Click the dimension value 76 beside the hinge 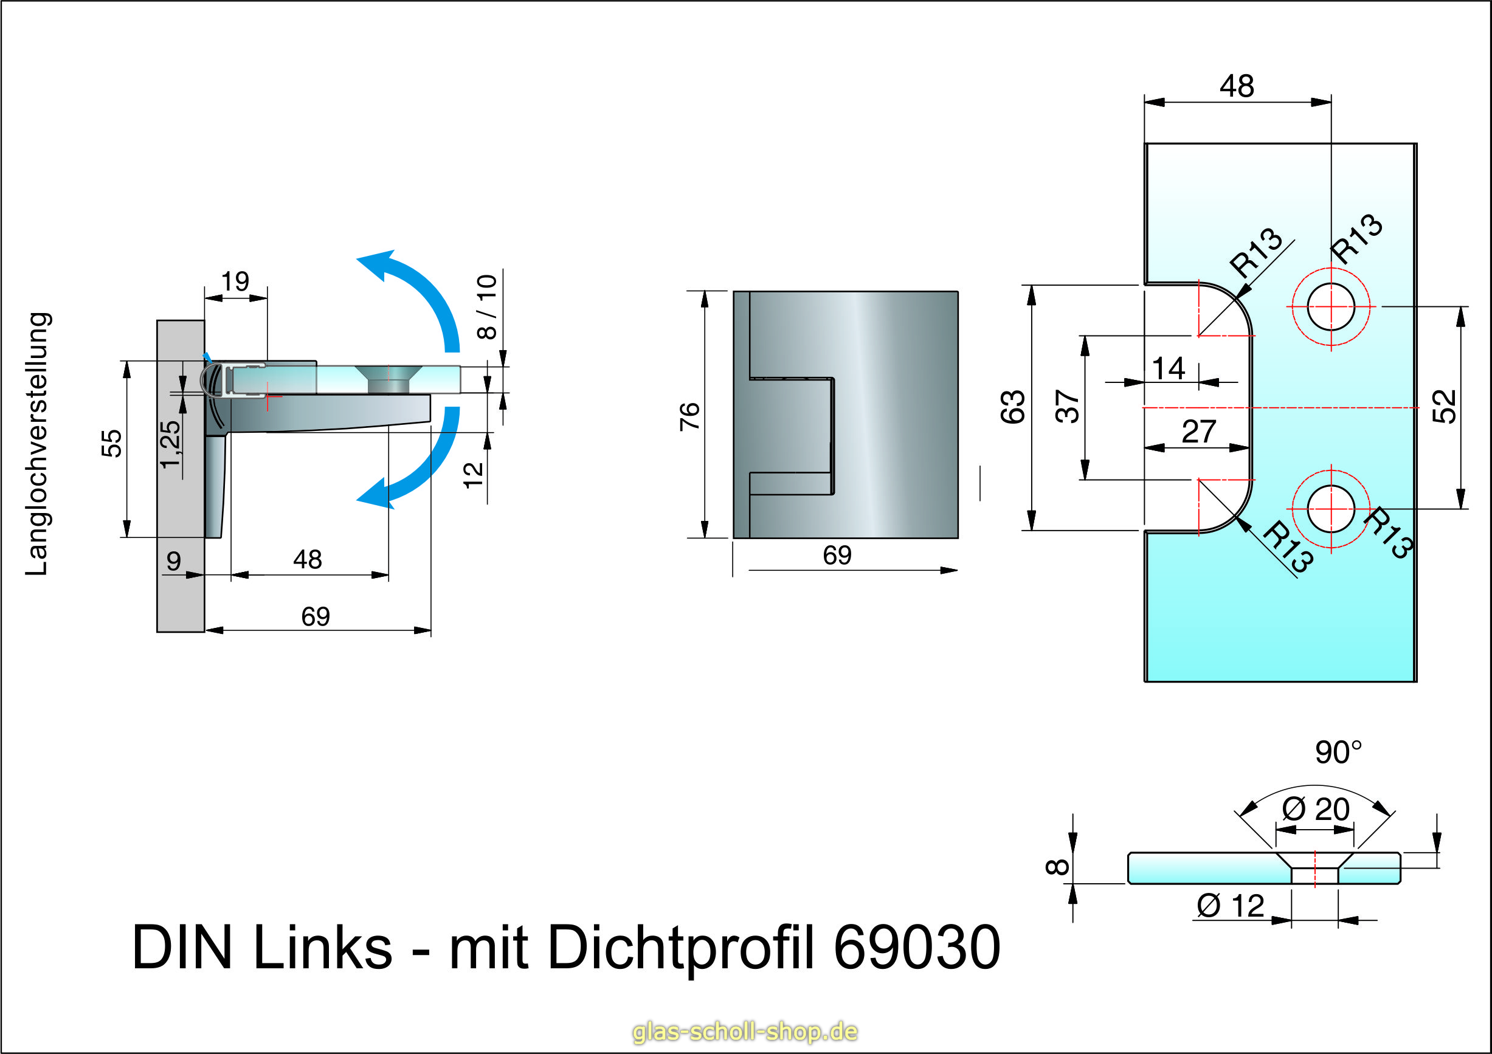pyautogui.click(x=690, y=416)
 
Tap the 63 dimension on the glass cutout pyautogui.click(x=1013, y=407)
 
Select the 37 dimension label pyautogui.click(x=1067, y=407)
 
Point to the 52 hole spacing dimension pyautogui.click(x=1445, y=407)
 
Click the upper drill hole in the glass pyautogui.click(x=1330, y=308)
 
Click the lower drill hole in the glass pyautogui.click(x=1330, y=509)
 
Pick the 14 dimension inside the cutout pyautogui.click(x=1169, y=369)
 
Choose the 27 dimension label pyautogui.click(x=1198, y=432)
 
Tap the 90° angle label pyautogui.click(x=1338, y=753)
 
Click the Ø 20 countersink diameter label pyautogui.click(x=1315, y=810)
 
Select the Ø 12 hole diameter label pyautogui.click(x=1230, y=906)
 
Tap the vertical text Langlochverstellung pyautogui.click(x=37, y=444)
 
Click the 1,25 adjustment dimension pyautogui.click(x=170, y=444)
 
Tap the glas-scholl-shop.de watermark pyautogui.click(x=745, y=1032)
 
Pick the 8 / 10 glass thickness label pyautogui.click(x=487, y=307)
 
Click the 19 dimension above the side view pyautogui.click(x=235, y=281)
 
